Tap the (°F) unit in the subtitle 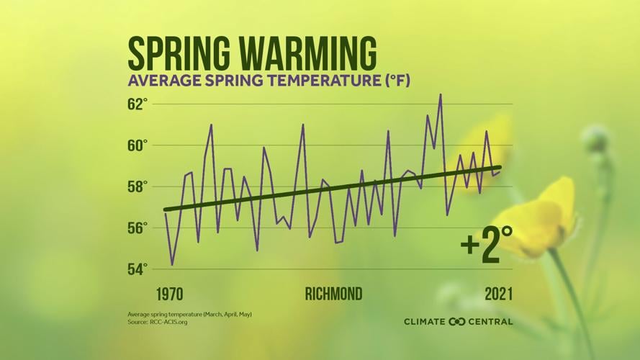395,80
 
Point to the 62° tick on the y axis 138,104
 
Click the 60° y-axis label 138,145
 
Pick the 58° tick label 138,186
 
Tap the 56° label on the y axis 138,228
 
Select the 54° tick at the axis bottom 138,269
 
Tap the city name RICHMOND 333,294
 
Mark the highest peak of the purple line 441,94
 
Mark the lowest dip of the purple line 172,264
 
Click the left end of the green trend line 166,210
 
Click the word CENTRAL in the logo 492,321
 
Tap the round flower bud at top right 595,138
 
